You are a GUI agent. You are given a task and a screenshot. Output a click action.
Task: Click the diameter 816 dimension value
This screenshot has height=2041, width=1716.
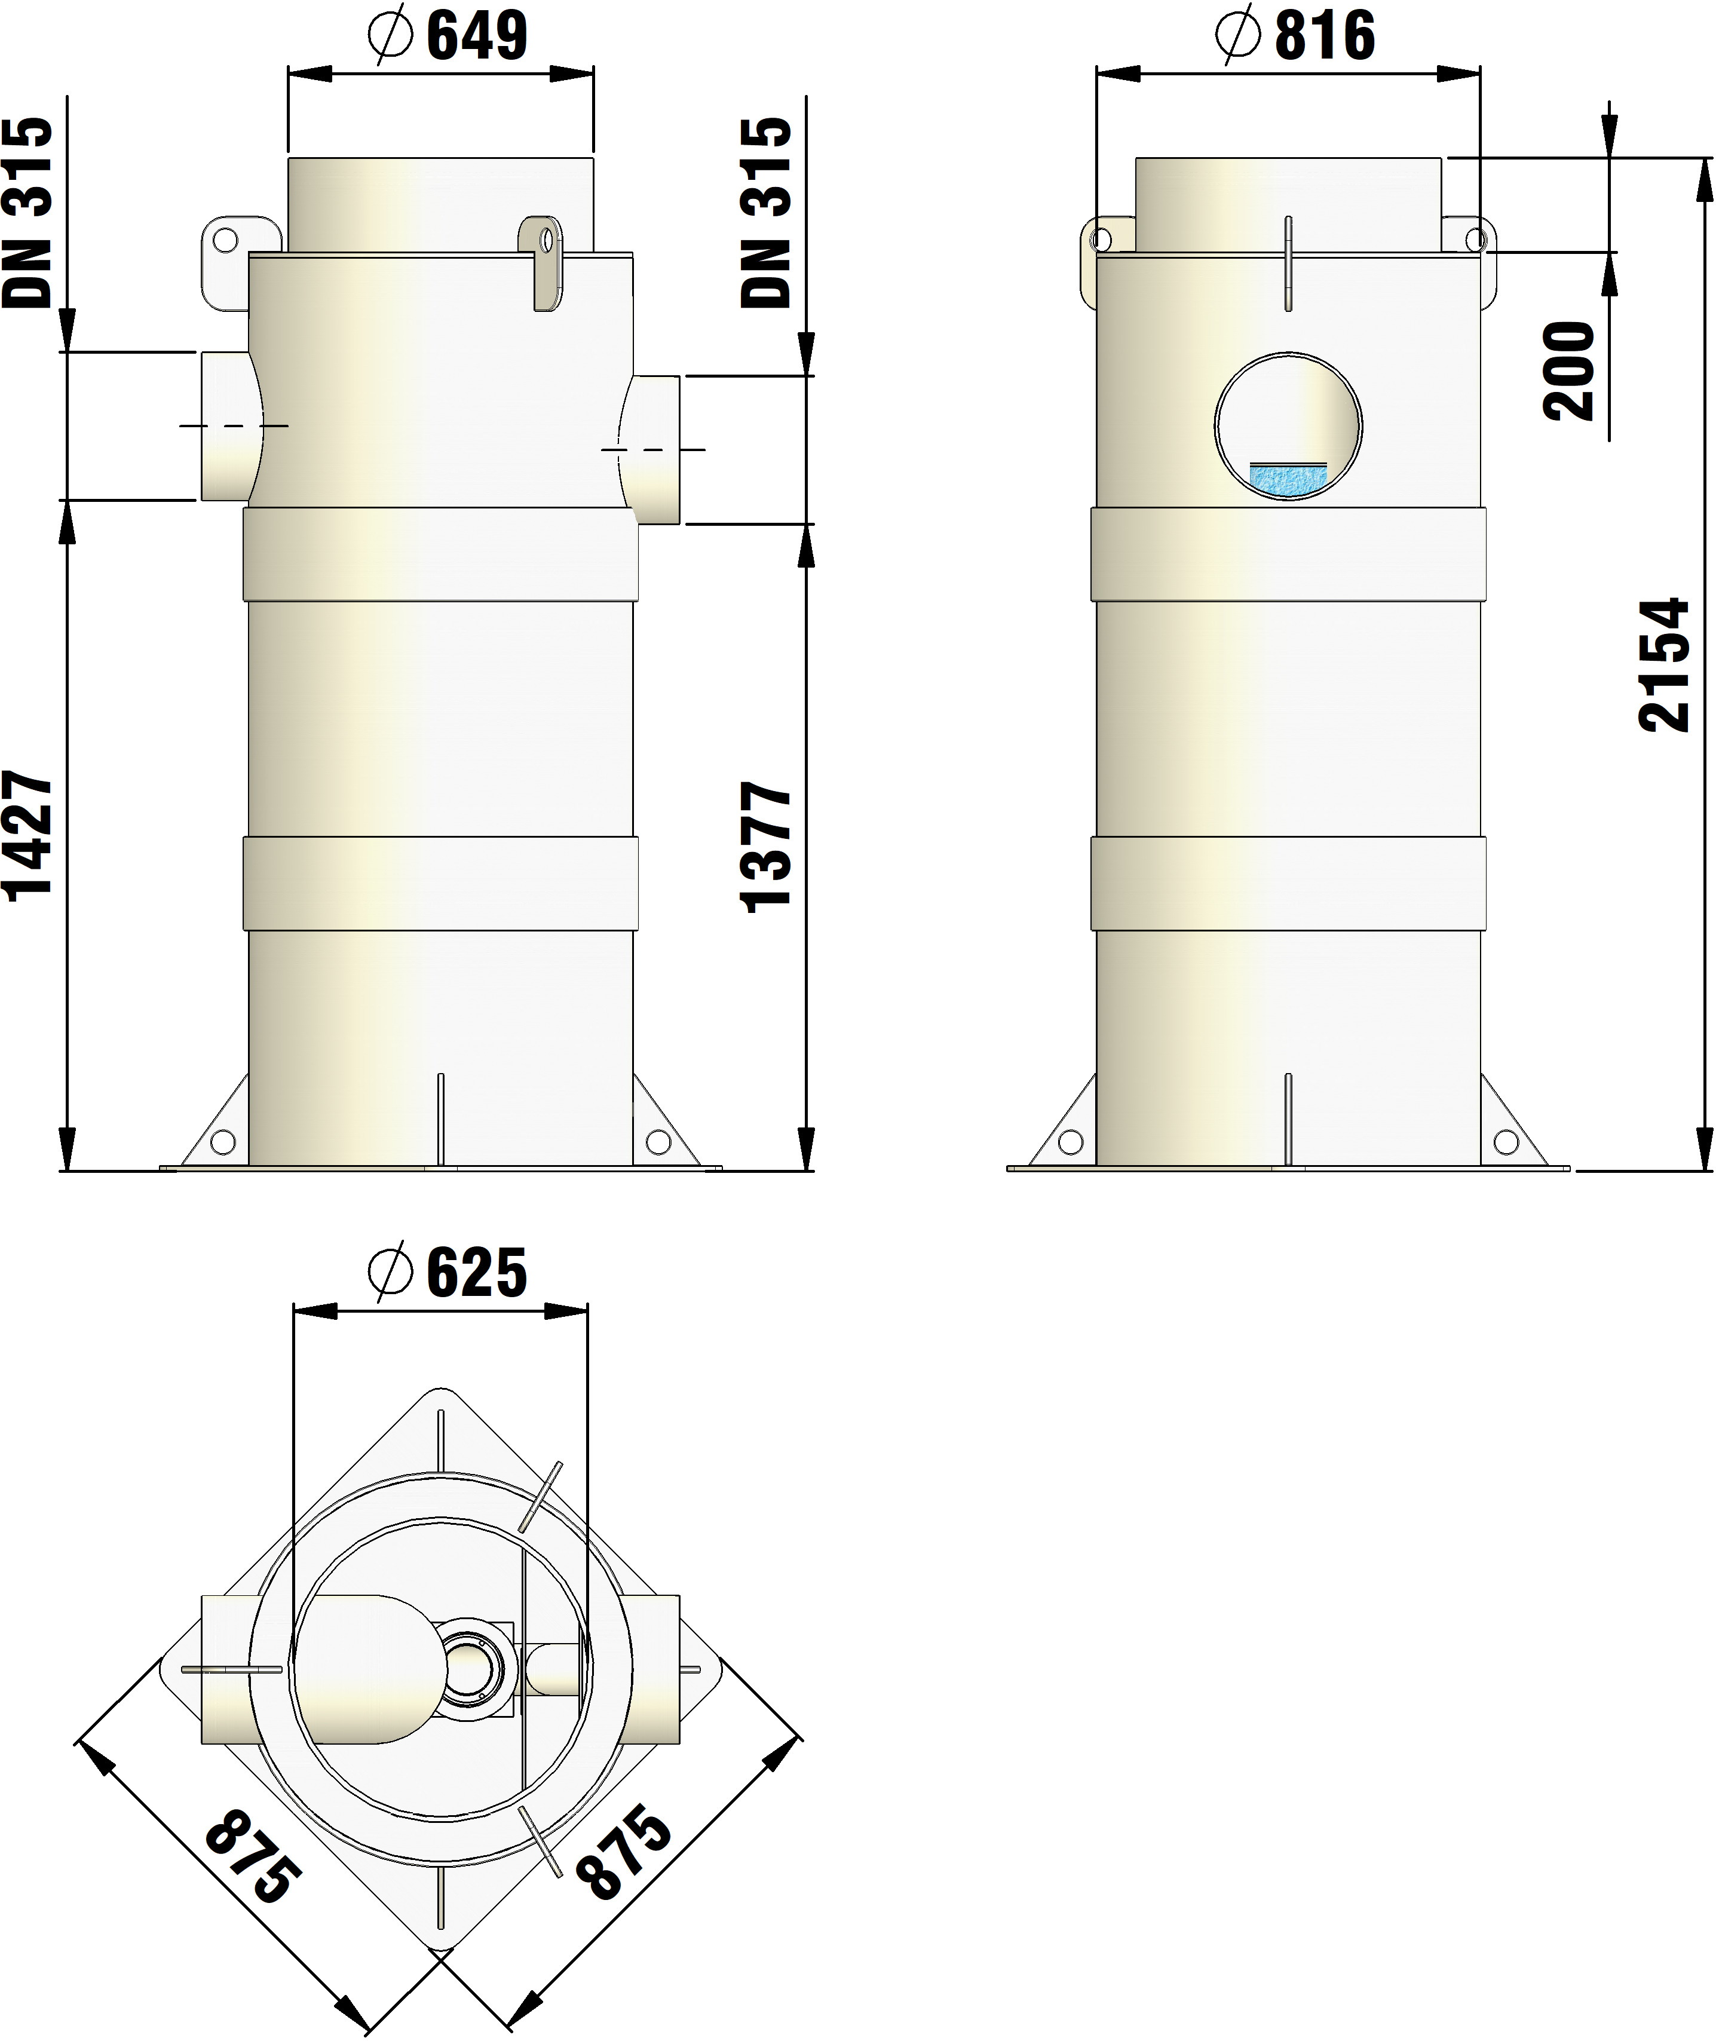(1297, 35)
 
